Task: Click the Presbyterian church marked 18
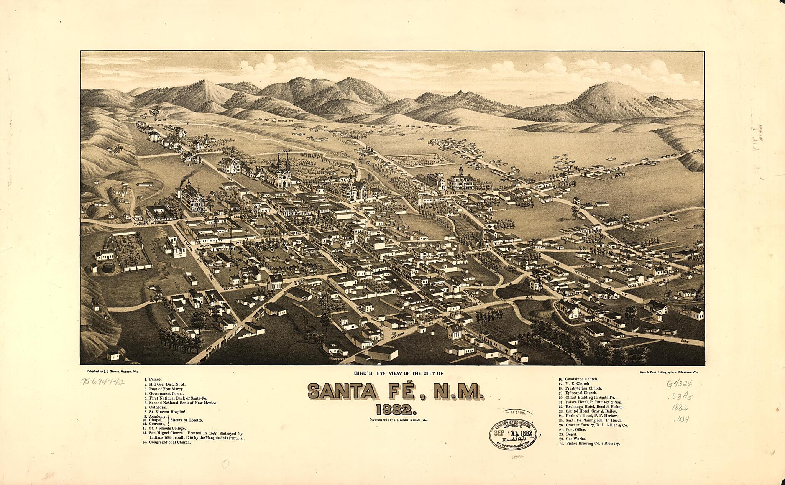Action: [x=275, y=282]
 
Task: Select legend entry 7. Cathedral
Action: [x=155, y=407]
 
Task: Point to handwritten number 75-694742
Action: [x=102, y=381]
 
